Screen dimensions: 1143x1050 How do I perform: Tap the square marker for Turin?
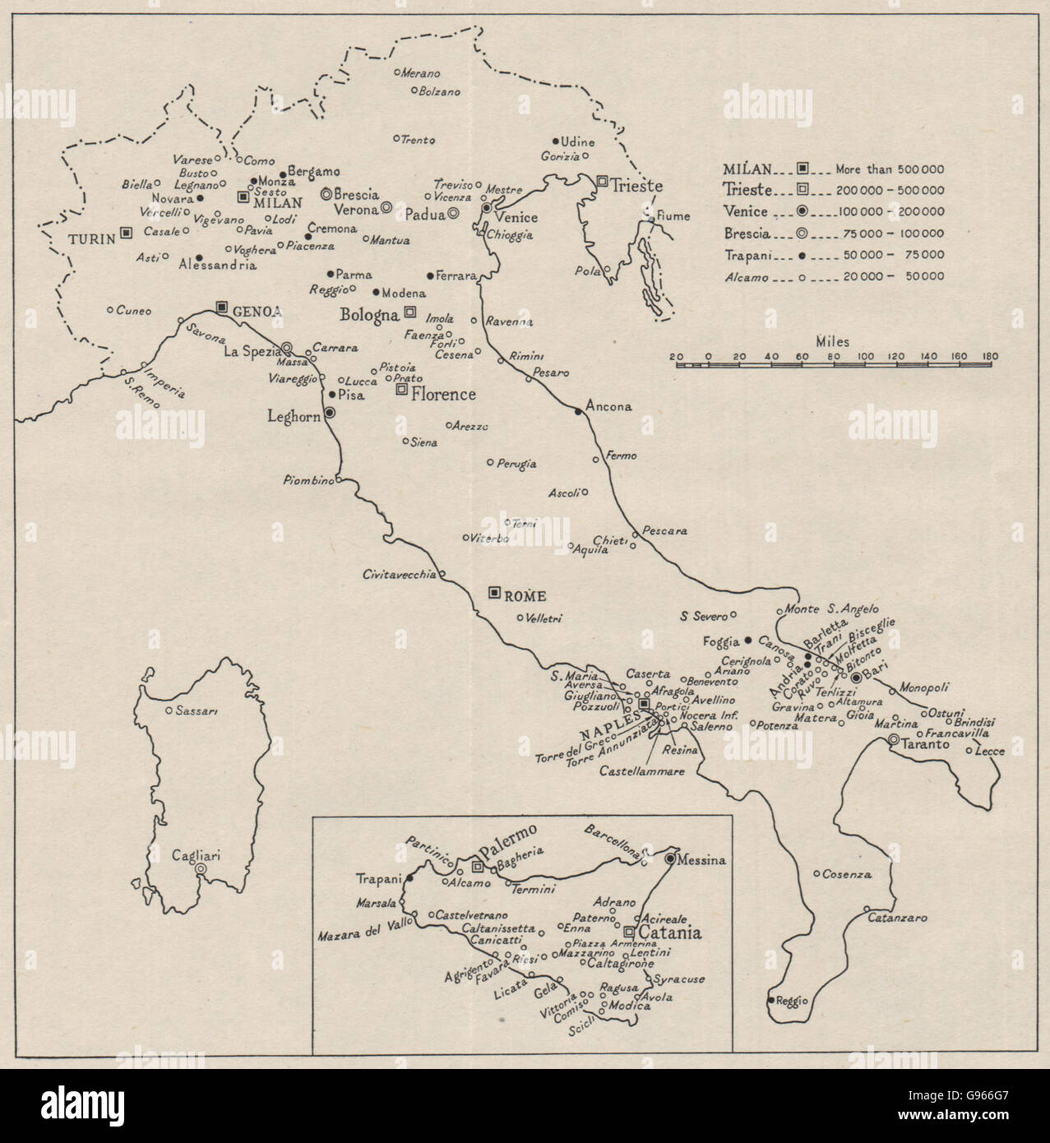(126, 233)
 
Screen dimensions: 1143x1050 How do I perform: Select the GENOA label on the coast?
(257, 311)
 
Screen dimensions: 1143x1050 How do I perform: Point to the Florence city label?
(443, 394)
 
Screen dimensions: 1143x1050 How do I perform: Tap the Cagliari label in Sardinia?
(196, 855)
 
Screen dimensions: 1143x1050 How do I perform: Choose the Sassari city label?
(195, 710)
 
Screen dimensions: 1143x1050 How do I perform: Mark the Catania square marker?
(630, 932)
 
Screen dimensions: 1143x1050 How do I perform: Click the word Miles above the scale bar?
(833, 341)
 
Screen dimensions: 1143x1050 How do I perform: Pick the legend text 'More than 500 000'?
(890, 169)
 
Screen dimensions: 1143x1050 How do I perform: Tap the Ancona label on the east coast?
(609, 406)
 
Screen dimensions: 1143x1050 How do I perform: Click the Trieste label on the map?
(636, 186)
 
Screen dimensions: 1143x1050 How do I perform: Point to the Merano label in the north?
(421, 73)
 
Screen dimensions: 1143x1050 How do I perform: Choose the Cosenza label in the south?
(848, 874)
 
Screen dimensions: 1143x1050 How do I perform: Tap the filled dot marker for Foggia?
(748, 640)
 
